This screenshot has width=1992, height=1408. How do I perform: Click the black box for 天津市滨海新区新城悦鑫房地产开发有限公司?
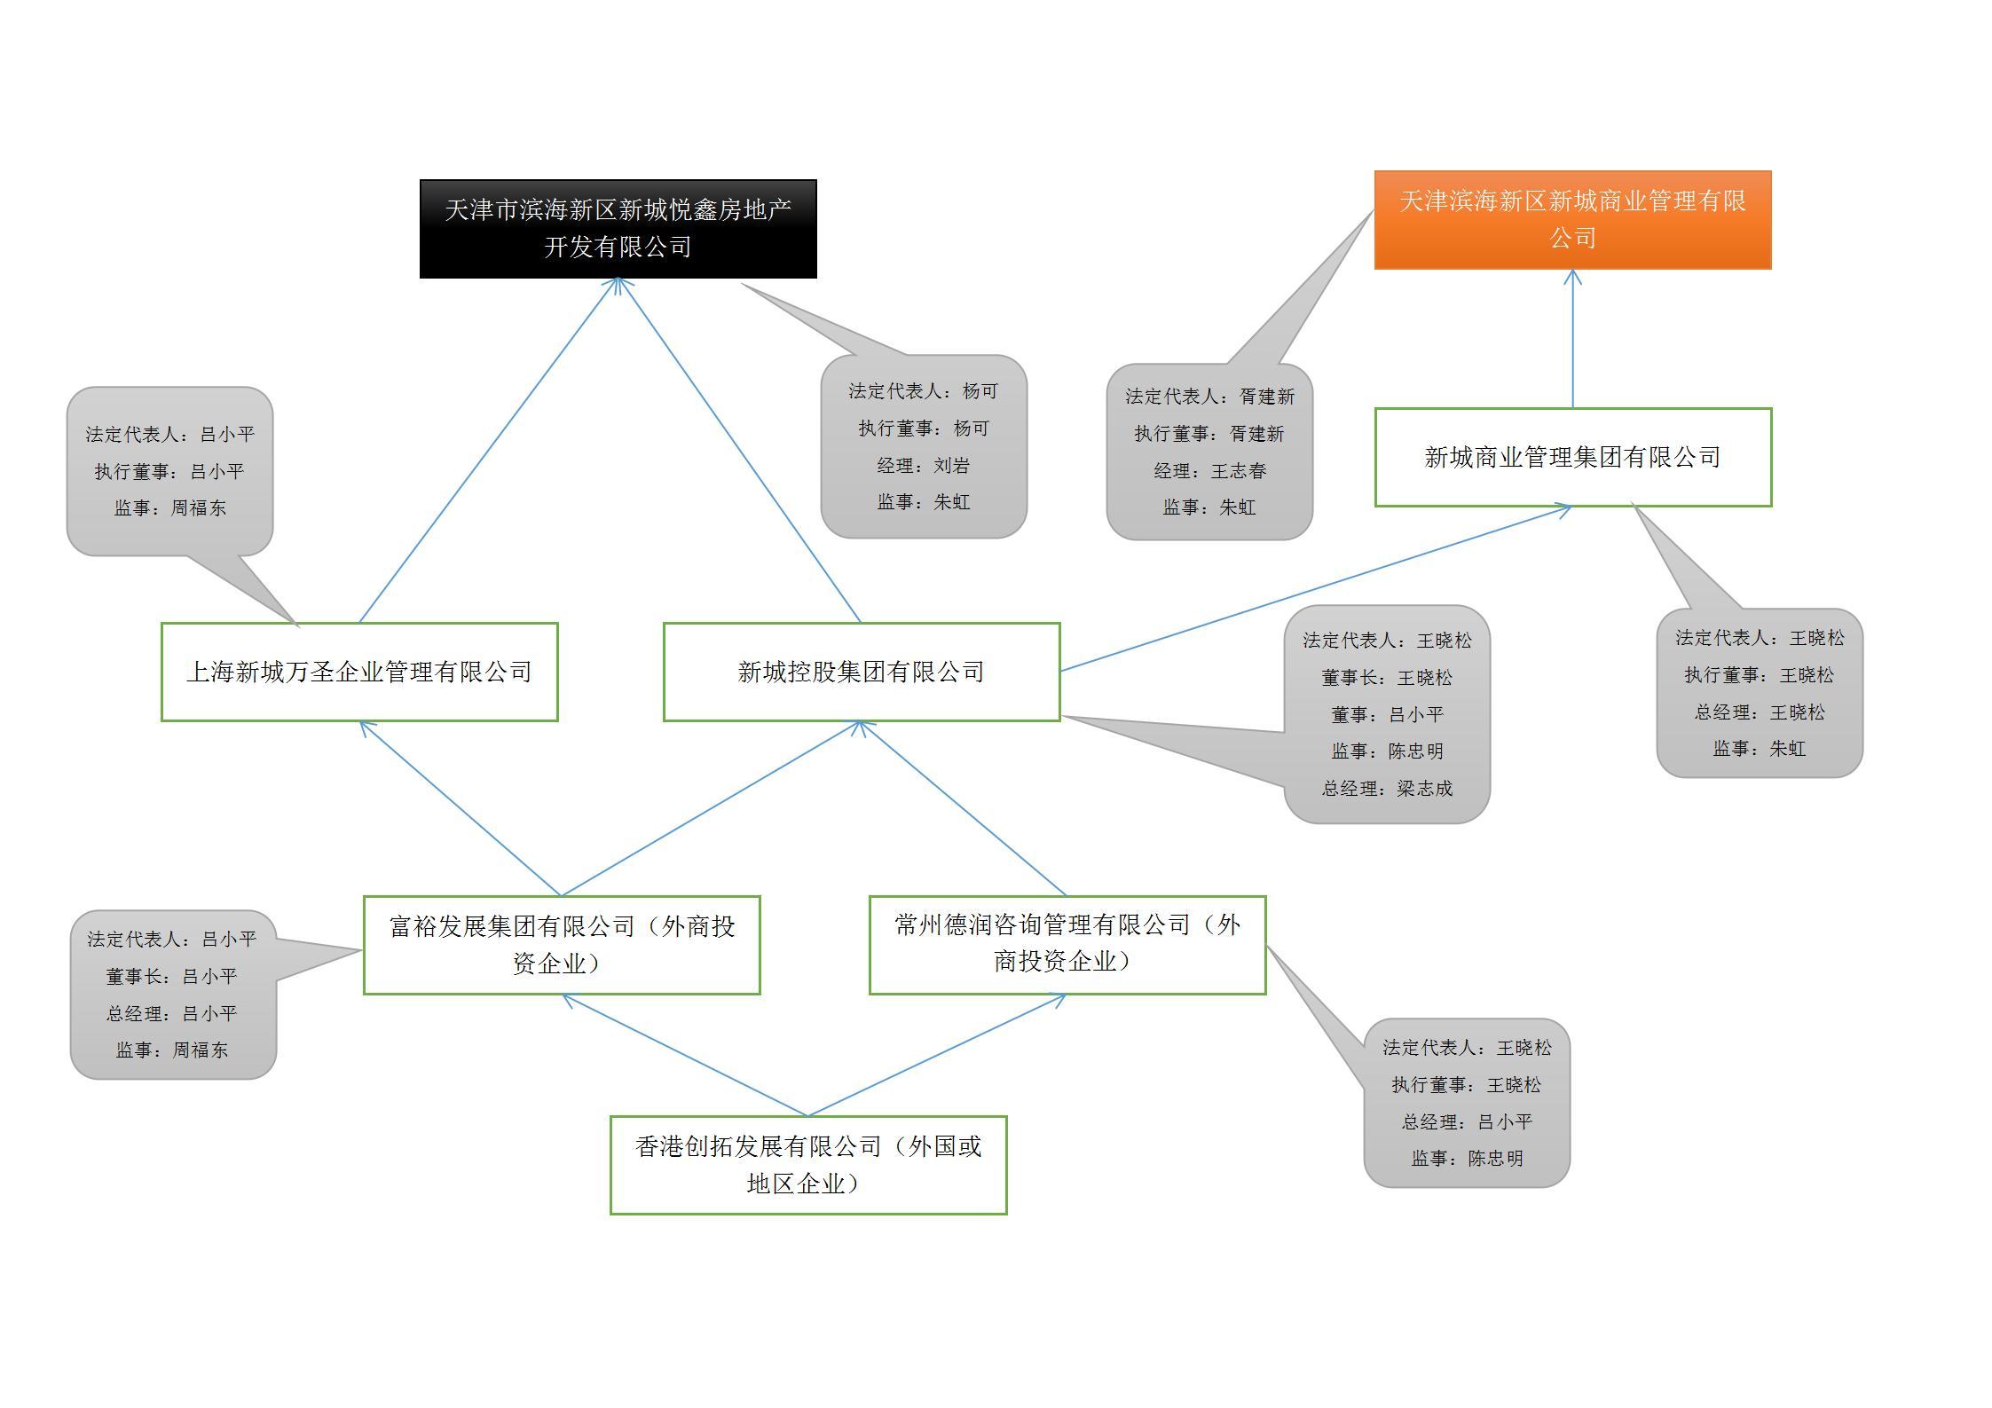(x=618, y=229)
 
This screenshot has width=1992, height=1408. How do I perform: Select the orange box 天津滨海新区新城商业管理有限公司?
(x=1572, y=220)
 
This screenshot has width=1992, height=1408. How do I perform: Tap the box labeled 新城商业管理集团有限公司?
(x=1572, y=457)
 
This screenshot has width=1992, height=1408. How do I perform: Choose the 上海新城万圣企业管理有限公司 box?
(x=359, y=672)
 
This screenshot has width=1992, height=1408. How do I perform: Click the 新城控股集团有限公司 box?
(x=861, y=672)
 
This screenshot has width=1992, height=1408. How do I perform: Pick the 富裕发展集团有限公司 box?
(x=562, y=945)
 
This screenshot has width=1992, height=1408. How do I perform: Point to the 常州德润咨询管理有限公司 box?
(x=1067, y=945)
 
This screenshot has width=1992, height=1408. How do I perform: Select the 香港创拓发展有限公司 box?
(x=808, y=1165)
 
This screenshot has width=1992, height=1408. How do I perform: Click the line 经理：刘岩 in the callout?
(x=924, y=466)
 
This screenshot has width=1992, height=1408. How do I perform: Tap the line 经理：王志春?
(x=1209, y=471)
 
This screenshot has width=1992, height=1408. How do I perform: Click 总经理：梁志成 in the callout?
(x=1387, y=789)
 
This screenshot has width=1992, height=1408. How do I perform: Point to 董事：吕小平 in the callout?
(x=1387, y=714)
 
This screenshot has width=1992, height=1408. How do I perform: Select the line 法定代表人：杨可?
(x=924, y=391)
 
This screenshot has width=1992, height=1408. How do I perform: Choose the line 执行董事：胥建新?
(x=1209, y=434)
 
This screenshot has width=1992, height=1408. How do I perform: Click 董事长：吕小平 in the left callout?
(x=172, y=976)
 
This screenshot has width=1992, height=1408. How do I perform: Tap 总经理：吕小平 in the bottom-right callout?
(x=1467, y=1121)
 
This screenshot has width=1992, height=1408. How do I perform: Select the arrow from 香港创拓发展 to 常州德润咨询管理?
(x=937, y=1055)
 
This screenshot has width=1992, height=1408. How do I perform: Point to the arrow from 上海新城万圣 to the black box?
(x=488, y=451)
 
